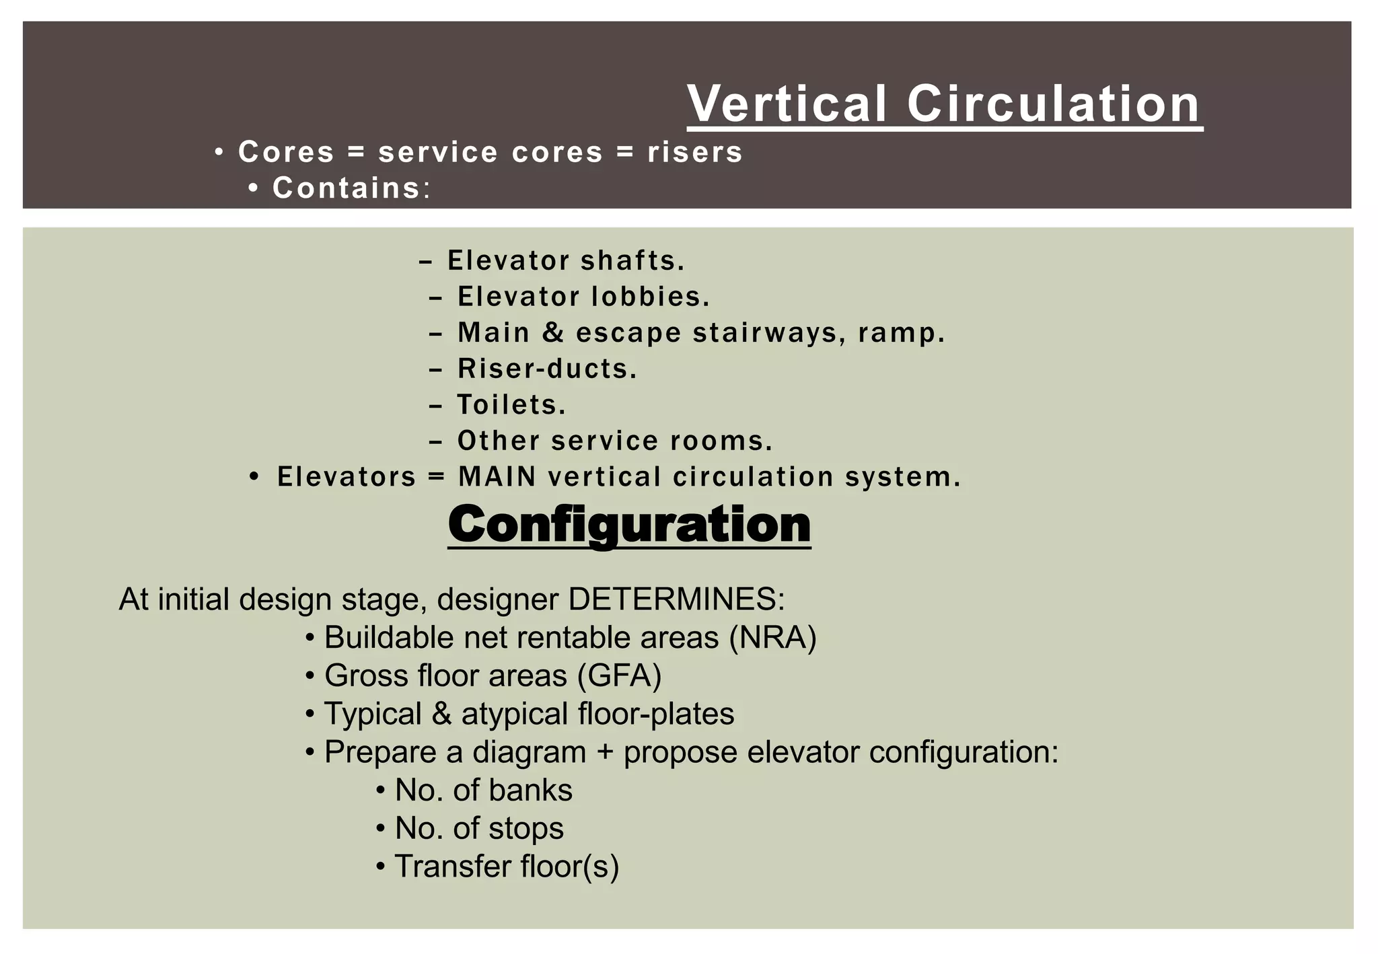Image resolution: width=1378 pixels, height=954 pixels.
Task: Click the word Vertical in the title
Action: (787, 104)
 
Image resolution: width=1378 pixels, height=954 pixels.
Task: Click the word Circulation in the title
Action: (1054, 104)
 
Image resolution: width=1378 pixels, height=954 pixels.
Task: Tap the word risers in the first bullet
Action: (695, 152)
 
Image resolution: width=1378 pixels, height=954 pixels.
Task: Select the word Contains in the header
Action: (347, 188)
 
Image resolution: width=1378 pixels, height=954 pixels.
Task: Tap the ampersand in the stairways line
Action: (553, 332)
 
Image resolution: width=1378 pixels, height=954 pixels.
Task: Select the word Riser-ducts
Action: (547, 369)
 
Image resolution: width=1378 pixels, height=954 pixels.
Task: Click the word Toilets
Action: (511, 405)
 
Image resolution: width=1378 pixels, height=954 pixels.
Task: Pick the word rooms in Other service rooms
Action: (721, 441)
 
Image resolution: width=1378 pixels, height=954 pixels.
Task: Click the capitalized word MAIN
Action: (497, 477)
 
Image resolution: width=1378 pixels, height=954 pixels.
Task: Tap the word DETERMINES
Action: (676, 599)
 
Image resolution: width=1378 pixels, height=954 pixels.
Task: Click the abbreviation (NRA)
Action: (772, 637)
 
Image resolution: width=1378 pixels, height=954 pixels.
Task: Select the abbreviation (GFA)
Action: (619, 675)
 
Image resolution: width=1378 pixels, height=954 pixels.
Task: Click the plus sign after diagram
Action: (605, 752)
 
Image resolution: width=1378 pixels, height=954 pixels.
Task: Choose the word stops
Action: (526, 828)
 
